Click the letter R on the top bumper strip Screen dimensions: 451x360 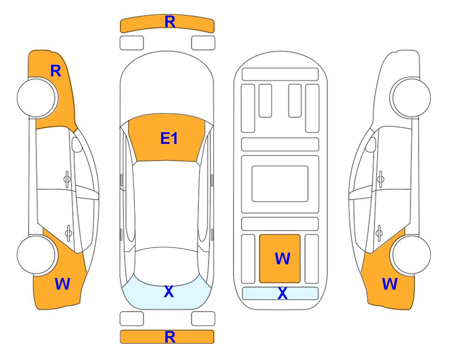coord(170,22)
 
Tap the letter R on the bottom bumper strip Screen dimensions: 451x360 coord(170,337)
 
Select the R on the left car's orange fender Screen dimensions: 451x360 coord(56,71)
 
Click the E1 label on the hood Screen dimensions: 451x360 coord(169,138)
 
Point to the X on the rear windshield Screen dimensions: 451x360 coord(169,292)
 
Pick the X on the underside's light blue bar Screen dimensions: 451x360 coord(282,293)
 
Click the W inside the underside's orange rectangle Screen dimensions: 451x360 coord(282,259)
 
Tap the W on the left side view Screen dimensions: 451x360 coord(62,284)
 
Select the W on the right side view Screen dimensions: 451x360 coord(390,284)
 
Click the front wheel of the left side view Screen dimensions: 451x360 coord(37,97)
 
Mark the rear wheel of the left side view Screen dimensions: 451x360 coord(36,255)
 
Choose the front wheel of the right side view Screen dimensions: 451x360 coord(411,97)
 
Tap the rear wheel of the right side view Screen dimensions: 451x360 coord(411,255)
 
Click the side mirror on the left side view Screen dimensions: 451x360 coord(76,144)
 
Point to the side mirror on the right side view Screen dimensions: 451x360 coord(371,144)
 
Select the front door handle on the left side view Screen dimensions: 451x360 coord(67,179)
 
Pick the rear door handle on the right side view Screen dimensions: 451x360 coord(379,233)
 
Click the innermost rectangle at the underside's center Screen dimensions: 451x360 coord(280,184)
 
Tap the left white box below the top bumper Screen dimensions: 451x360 coord(132,43)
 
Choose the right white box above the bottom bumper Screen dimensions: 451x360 coord(203,319)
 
